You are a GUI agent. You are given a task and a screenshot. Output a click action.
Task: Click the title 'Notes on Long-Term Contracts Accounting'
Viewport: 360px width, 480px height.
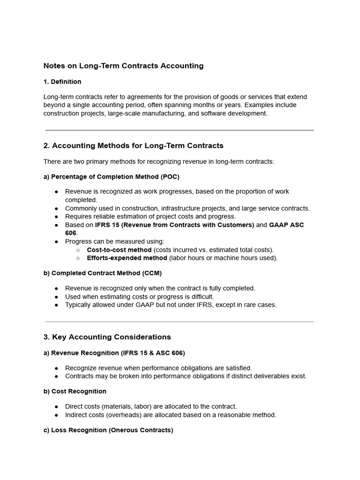click(x=123, y=66)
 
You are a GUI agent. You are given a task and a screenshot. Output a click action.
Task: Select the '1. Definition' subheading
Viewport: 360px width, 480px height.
click(x=62, y=82)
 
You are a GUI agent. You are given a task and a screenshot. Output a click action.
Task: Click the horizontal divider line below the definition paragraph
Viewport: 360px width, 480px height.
click(x=180, y=130)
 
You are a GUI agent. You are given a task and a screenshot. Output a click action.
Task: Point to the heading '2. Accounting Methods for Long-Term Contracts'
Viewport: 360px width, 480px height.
click(x=133, y=146)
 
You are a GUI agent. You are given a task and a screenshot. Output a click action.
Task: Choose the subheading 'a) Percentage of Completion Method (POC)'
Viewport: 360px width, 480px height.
click(x=111, y=177)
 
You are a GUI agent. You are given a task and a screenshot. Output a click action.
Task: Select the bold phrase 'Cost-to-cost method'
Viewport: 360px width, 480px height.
click(x=119, y=250)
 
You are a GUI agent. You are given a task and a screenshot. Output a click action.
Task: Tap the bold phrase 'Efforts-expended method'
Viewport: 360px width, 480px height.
click(x=127, y=258)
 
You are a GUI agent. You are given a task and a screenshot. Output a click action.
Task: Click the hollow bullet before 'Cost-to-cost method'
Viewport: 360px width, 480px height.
click(x=78, y=250)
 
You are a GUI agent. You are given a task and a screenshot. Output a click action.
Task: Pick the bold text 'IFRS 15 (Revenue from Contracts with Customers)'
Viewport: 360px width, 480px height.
click(x=174, y=225)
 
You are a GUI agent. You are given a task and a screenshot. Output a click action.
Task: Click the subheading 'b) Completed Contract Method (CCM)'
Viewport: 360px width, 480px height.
click(x=102, y=273)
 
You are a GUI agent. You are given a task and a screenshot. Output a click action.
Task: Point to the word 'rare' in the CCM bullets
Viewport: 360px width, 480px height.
click(x=252, y=305)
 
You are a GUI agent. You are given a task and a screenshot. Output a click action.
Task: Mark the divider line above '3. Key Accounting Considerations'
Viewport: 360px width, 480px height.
click(x=180, y=322)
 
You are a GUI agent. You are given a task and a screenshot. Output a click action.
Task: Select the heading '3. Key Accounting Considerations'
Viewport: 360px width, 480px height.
click(x=107, y=337)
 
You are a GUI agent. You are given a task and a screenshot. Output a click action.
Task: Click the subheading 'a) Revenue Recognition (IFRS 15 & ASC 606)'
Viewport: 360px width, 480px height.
click(x=114, y=353)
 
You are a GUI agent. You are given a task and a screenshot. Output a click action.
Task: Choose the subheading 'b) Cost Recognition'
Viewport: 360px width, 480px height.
click(x=75, y=391)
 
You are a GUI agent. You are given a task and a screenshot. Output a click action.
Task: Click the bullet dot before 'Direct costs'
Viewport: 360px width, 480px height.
click(x=57, y=407)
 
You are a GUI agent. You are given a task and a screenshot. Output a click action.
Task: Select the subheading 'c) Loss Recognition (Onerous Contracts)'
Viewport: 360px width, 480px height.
click(x=108, y=430)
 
